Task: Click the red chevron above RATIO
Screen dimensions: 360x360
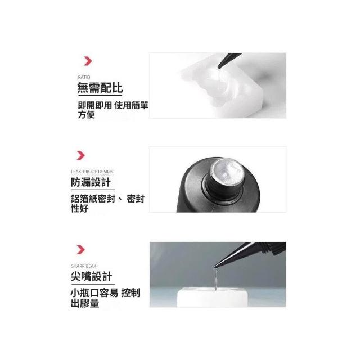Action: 88,61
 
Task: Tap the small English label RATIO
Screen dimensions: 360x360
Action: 84,77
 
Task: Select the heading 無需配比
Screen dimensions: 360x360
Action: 100,88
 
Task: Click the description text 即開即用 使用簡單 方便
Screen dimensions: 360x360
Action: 113,110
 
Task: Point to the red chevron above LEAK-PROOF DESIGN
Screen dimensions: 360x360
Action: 80,155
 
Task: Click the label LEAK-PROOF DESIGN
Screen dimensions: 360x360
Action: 92,172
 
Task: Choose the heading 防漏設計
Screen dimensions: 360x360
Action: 91,182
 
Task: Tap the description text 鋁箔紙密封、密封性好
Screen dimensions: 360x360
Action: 107,204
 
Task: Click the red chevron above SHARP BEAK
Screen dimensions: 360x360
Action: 80,250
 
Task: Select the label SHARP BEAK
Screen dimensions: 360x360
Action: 84,266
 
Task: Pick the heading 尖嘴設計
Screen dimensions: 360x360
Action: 91,276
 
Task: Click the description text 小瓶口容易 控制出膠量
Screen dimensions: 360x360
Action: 105,298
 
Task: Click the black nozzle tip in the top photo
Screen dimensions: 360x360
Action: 229,60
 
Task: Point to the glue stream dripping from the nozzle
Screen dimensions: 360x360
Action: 216,279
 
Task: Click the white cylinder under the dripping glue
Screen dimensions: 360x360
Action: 213,298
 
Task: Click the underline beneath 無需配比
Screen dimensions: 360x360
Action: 100,95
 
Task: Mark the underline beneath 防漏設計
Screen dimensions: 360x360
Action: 93,190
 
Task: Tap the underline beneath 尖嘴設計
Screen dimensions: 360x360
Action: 93,284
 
